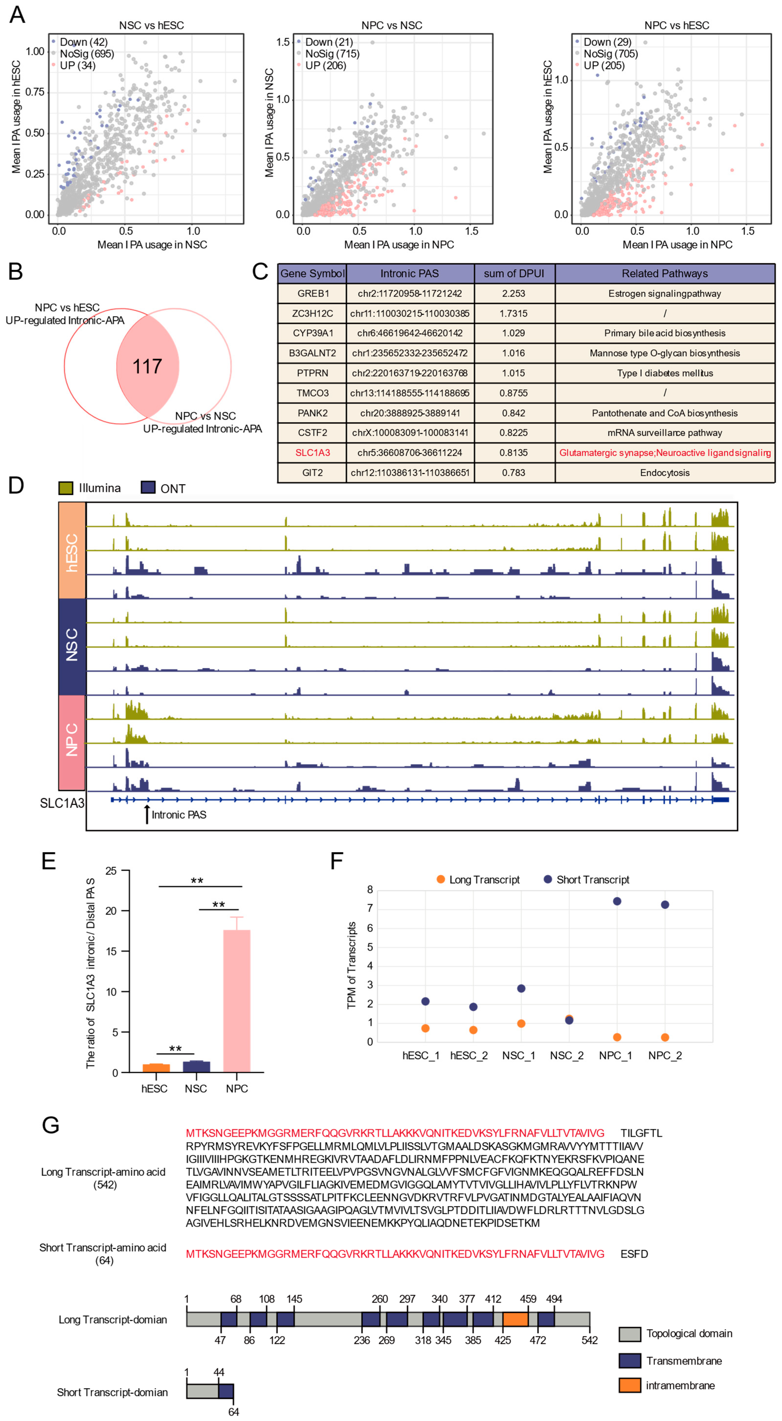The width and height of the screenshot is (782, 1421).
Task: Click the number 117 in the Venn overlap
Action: click(147, 366)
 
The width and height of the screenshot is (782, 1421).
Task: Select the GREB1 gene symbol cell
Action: click(312, 294)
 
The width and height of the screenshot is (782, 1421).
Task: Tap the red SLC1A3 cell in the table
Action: click(312, 452)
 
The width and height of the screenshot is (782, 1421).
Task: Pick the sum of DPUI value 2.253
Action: click(513, 294)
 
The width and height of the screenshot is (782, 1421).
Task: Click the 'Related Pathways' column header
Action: click(664, 274)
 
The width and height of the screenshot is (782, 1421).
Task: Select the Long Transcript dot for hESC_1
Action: click(425, 1028)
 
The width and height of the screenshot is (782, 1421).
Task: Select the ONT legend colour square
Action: click(148, 488)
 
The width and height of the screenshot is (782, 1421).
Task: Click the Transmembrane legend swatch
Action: click(629, 1361)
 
